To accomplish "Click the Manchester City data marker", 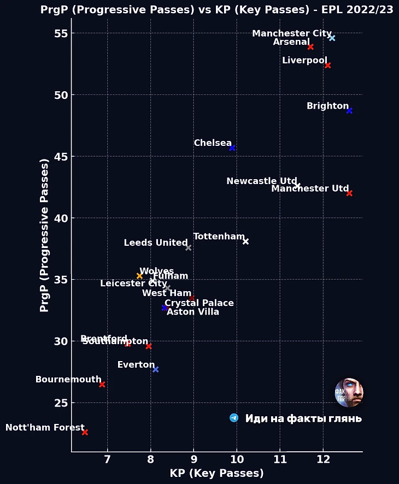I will click(x=332, y=38).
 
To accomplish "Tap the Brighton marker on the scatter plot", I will click(x=349, y=111).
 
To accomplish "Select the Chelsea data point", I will click(x=232, y=148).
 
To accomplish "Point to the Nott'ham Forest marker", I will click(x=85, y=433).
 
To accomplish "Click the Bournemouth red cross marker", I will click(x=102, y=385).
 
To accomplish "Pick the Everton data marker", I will click(x=156, y=370).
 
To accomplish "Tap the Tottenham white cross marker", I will click(x=245, y=241).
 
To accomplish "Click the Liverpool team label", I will click(x=304, y=60).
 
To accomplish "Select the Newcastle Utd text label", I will click(x=261, y=181).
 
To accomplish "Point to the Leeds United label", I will click(x=156, y=243).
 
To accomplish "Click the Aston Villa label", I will click(x=192, y=312).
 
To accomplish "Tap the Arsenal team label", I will click(x=291, y=42).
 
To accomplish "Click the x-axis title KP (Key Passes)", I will click(x=217, y=474).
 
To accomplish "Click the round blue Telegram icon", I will click(x=234, y=418).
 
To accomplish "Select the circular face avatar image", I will click(x=349, y=392).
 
